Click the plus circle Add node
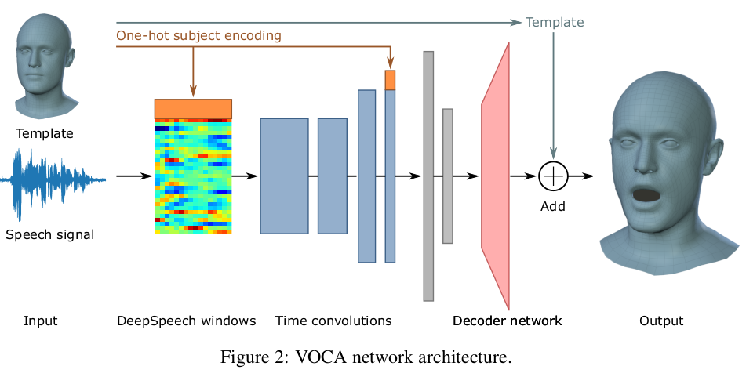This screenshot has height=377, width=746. (554, 176)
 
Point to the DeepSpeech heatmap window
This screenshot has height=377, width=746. (193, 176)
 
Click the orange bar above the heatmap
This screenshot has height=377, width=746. (193, 108)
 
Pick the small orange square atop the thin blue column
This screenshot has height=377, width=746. (390, 80)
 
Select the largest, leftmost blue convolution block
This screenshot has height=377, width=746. (284, 176)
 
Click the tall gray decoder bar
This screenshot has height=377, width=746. (428, 176)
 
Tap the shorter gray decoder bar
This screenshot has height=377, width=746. (448, 176)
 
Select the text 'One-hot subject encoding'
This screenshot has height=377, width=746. (198, 35)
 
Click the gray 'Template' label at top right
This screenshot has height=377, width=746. (555, 22)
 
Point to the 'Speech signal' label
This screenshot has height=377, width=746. (49, 234)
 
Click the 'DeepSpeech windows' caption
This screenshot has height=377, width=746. (187, 321)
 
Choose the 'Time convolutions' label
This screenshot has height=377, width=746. (333, 321)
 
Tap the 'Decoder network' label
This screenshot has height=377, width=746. (507, 321)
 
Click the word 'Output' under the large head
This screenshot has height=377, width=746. (661, 321)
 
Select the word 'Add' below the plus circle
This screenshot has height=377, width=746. (553, 207)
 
